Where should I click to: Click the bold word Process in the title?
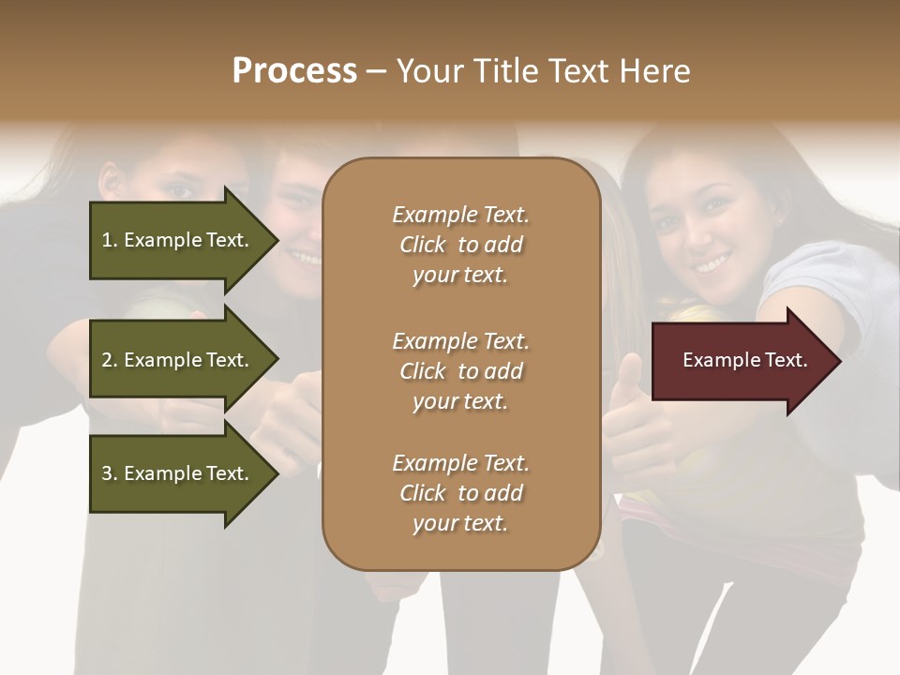[294, 71]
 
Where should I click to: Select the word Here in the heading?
[656, 71]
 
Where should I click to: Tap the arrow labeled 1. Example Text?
[178, 240]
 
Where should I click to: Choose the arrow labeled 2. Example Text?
[178, 360]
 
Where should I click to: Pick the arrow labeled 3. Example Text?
[178, 473]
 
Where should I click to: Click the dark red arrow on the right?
[741, 361]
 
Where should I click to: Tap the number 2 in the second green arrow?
[107, 360]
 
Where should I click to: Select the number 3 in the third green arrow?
[107, 473]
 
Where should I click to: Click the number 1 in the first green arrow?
[107, 240]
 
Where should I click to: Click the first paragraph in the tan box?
[460, 245]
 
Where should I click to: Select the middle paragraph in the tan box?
[460, 371]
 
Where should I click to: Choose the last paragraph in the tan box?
[460, 493]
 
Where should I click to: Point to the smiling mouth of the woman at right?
[712, 263]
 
